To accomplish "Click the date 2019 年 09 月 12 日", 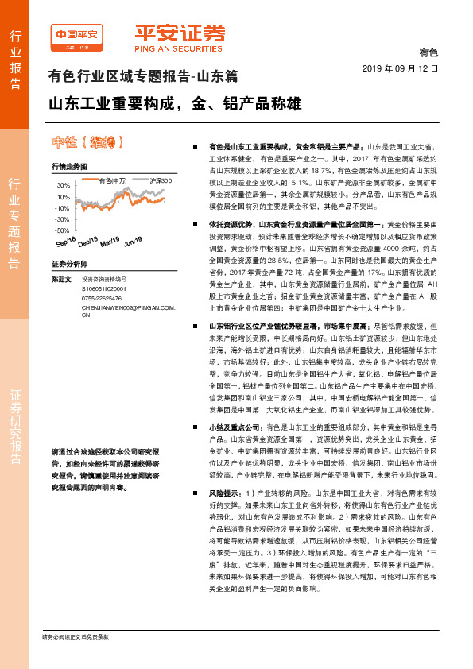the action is [405, 70].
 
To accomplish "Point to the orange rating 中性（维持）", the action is [87, 144].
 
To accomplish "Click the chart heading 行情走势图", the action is [67, 168].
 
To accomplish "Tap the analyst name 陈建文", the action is [61, 279].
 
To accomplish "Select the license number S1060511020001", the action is [109, 290].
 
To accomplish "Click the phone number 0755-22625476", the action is [105, 299].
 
